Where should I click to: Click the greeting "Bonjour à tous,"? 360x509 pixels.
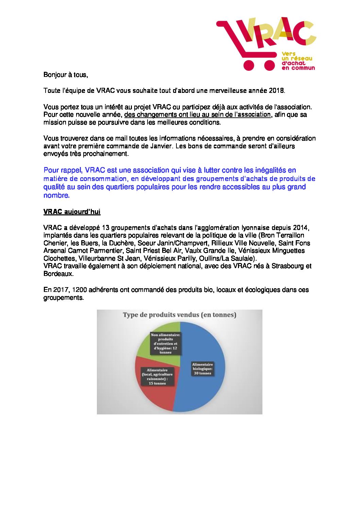click(x=66, y=75)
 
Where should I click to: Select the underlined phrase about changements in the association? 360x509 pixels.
click(x=198, y=115)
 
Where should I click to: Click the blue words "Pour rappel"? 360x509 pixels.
click(x=62, y=170)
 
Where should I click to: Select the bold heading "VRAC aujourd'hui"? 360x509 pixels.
click(x=72, y=212)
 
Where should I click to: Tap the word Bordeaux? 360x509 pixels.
click(x=58, y=274)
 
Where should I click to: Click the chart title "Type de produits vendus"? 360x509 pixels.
click(x=179, y=315)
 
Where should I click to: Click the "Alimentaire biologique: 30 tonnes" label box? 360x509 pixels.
click(x=202, y=369)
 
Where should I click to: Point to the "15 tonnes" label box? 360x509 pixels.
click(x=157, y=377)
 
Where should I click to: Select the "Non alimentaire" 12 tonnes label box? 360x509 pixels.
click(x=166, y=344)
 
